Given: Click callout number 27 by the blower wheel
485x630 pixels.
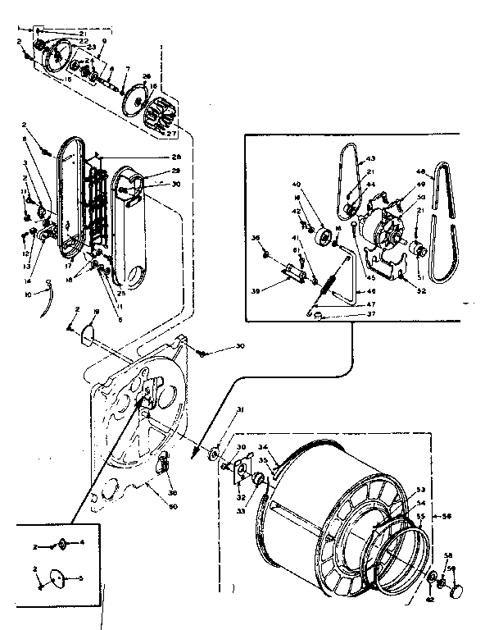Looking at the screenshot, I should pyautogui.click(x=171, y=133).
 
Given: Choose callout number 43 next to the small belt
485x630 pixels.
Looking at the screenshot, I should pyautogui.click(x=370, y=158).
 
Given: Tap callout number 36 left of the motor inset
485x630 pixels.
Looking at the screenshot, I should pyautogui.click(x=256, y=239).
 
